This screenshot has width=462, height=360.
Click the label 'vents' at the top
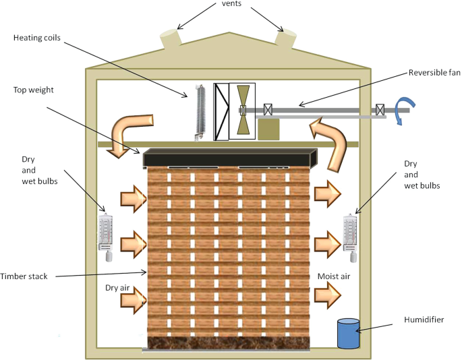(x=230, y=4)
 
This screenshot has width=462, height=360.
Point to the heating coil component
(x=200, y=112)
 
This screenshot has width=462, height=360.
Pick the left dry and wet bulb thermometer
(x=107, y=237)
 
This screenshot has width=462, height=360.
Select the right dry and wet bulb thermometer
(x=349, y=237)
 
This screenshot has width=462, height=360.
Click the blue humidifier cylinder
(x=347, y=333)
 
